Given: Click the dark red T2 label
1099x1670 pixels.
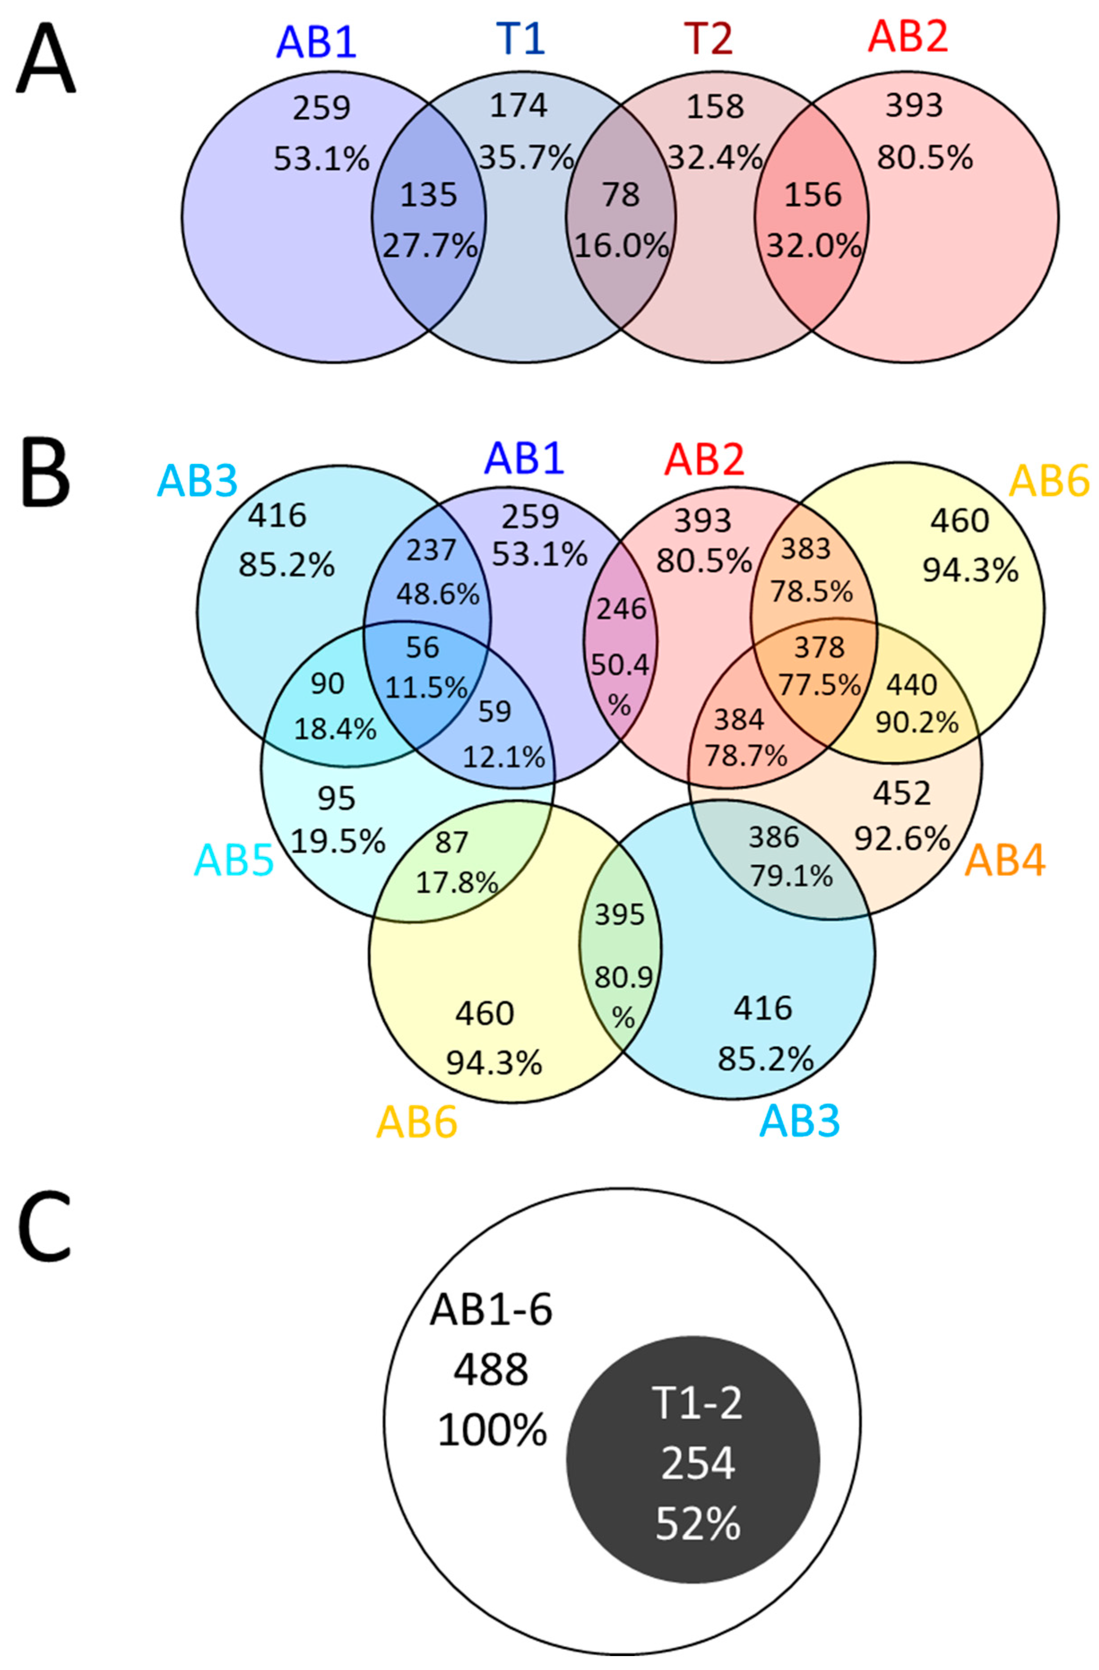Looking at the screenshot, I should point(709,39).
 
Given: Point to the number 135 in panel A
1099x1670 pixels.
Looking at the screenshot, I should point(428,195).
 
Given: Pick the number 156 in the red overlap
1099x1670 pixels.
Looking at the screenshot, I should point(813,195).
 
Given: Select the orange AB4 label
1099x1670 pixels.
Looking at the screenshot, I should point(1005,861).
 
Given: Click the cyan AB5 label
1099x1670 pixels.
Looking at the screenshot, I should point(233,861).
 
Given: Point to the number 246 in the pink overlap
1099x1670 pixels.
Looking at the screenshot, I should point(621,609).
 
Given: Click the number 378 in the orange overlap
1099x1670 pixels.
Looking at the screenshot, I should point(819,647).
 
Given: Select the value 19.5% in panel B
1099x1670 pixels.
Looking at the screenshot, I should point(338,841).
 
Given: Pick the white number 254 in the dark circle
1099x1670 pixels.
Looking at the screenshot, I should point(698,1464).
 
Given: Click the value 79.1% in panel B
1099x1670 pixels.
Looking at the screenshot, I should point(791,876).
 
